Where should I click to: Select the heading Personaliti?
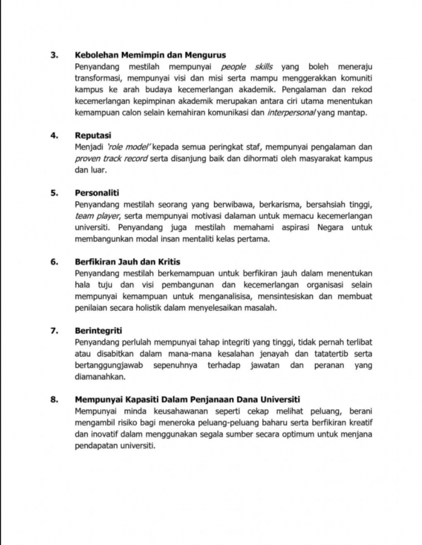coord(99,192)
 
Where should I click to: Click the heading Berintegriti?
coord(101,328)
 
